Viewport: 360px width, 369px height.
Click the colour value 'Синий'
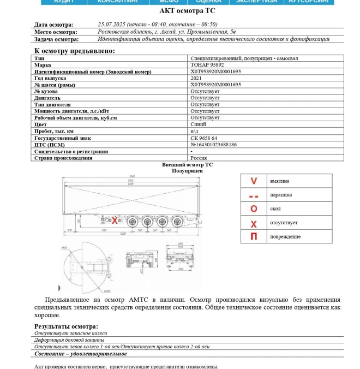tap(198, 124)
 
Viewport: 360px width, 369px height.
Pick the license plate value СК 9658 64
tap(204, 138)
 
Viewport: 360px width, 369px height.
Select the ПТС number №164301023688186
tap(213, 145)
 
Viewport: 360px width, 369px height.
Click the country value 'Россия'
tap(199, 158)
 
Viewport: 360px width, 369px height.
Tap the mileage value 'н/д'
tap(194, 132)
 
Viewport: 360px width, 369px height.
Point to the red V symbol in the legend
tap(254, 181)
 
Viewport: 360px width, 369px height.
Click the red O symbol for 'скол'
tap(254, 209)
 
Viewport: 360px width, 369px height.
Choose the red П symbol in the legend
tap(254, 237)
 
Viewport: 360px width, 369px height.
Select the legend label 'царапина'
tap(280, 195)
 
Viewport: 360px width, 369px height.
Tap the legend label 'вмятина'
tap(279, 181)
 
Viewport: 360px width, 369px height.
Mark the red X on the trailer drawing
tap(115, 221)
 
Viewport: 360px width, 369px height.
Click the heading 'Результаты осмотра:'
tap(66, 326)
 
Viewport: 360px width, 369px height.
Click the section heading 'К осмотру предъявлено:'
tap(75, 51)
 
